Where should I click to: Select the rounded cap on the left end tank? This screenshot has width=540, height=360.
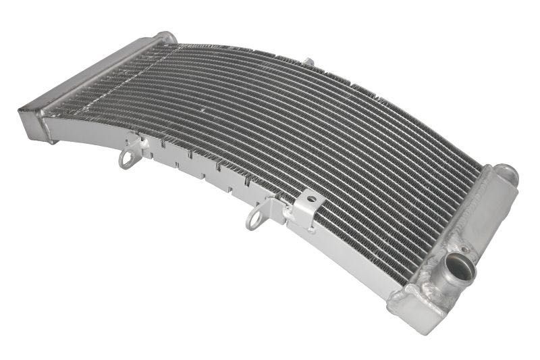coord(165,38)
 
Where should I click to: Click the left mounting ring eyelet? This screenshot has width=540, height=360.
coord(126,159)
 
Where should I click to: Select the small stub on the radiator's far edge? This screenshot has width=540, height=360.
coord(308,63)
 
